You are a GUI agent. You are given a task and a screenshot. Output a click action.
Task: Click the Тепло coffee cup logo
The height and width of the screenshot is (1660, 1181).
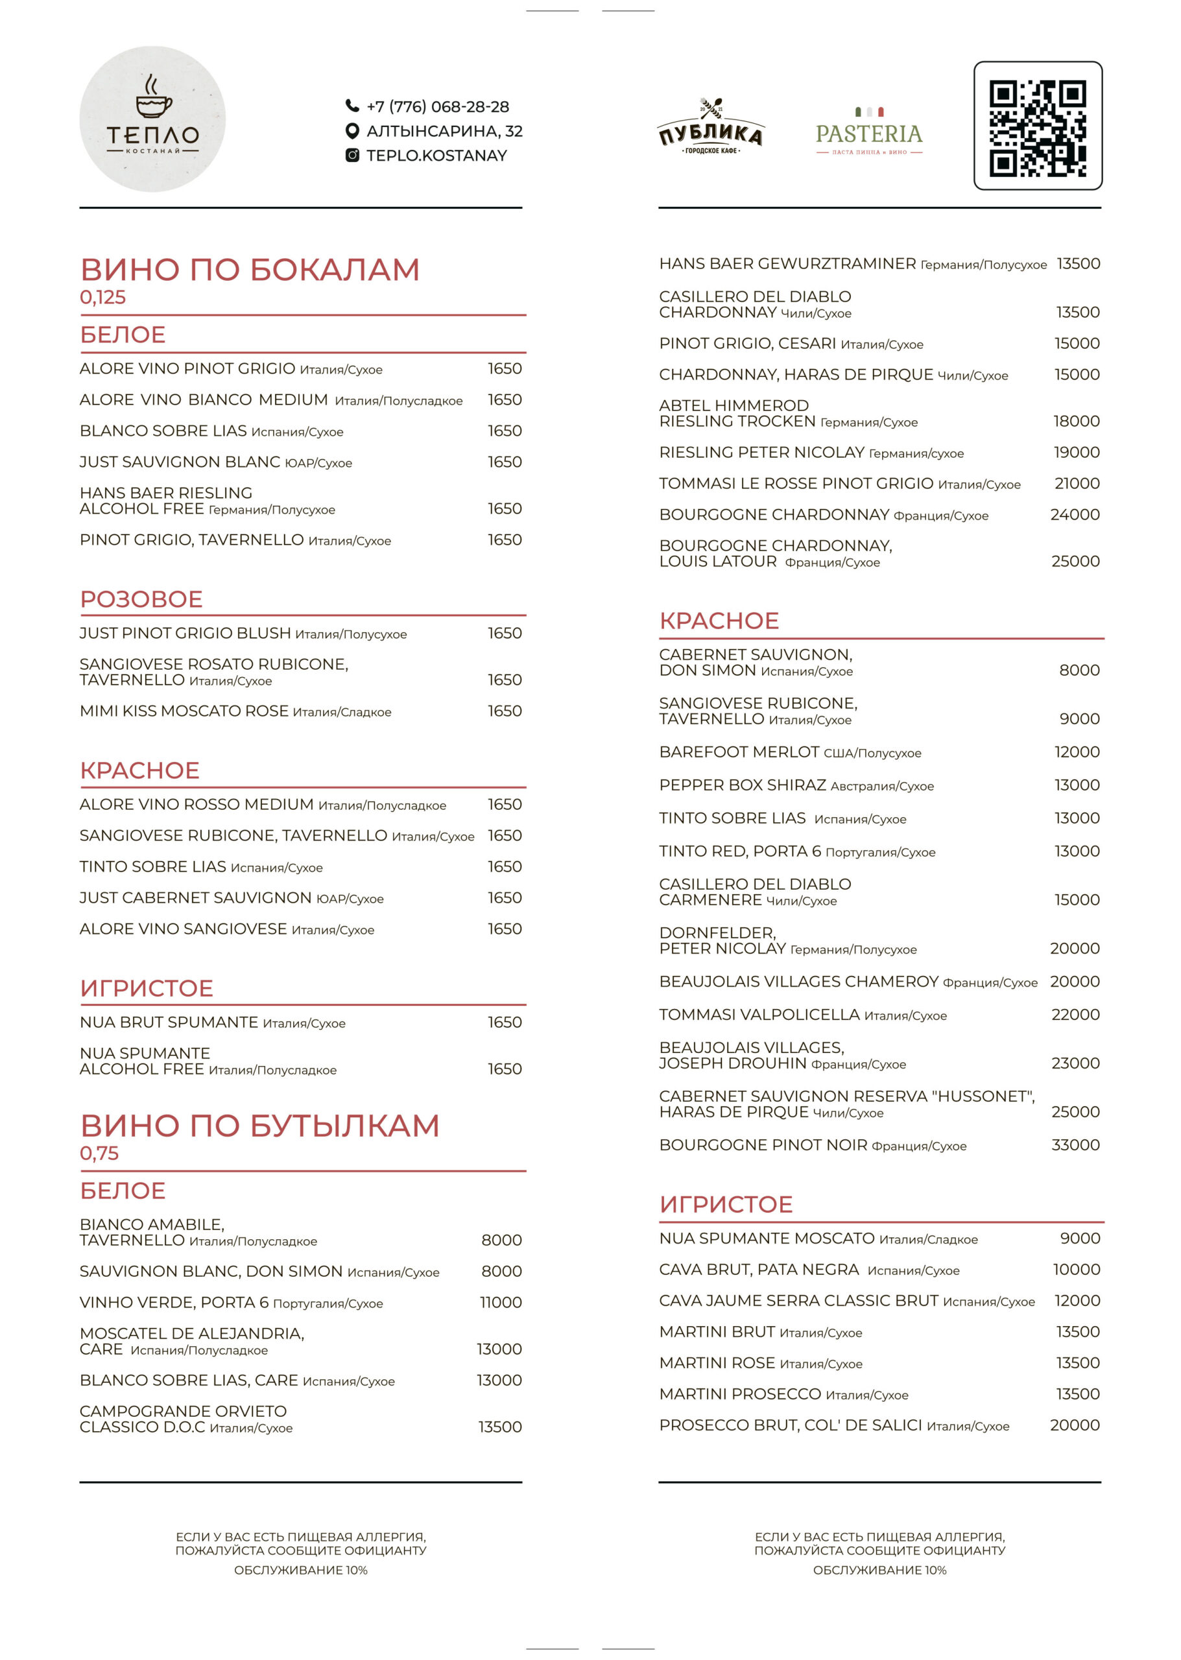(152, 119)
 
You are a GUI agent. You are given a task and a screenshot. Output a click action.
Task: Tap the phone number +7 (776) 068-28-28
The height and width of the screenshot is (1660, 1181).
(437, 107)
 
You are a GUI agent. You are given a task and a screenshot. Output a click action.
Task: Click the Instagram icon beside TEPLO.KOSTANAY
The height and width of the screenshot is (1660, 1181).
(352, 155)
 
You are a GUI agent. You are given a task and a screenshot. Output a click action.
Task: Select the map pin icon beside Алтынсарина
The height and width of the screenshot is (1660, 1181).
(352, 131)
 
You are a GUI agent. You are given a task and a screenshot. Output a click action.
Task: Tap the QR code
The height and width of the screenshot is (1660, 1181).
(1037, 126)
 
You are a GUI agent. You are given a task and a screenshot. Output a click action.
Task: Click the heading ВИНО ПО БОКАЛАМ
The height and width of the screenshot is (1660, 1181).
(250, 270)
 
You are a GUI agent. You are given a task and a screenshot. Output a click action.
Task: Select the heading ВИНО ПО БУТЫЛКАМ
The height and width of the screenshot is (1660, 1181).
(259, 1126)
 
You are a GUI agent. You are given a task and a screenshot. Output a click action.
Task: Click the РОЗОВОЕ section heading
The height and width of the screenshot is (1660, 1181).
(141, 599)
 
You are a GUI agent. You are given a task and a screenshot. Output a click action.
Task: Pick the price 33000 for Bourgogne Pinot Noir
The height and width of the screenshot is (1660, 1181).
(1075, 1145)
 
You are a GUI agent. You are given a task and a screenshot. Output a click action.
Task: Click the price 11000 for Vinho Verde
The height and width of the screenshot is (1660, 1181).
(500, 1302)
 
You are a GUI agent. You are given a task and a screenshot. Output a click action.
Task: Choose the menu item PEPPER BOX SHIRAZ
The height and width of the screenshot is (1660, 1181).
(743, 785)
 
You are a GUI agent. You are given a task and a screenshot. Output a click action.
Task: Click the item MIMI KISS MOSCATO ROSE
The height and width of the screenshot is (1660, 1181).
(184, 711)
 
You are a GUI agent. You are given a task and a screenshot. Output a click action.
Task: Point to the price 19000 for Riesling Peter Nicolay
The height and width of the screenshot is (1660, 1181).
(1077, 452)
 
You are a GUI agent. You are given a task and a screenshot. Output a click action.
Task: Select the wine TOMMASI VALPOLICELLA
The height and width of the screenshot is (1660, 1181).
(759, 1014)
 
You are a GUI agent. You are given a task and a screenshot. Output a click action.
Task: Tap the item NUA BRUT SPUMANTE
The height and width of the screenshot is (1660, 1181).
(169, 1023)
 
